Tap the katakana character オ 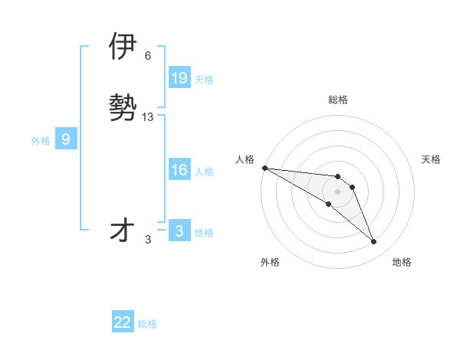pos(123,230)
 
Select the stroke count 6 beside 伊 pos(148,56)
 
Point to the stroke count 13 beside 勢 pos(148,117)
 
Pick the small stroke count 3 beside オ pos(148,240)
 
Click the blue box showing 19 pos(179,78)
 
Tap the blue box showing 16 pos(179,171)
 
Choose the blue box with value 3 pos(179,231)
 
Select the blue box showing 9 pos(66,139)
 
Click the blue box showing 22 pos(123,322)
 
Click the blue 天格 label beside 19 pos(204,80)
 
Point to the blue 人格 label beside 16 pos(204,172)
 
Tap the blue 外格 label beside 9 pos(41,141)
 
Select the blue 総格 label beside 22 pos(147,324)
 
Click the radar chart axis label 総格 pos(337,100)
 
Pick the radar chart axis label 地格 pos(402,262)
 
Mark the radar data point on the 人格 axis pos(264,167)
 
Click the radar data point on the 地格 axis pos(373,241)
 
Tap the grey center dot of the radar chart pos(337,191)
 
